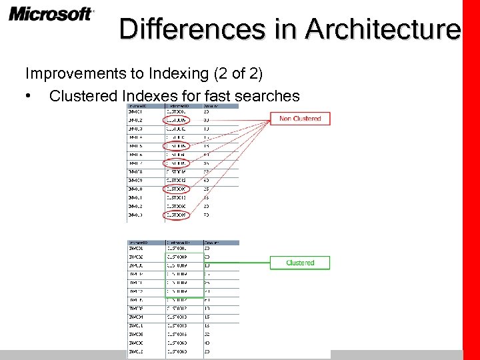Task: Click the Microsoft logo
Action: click(51, 14)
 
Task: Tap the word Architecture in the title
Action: click(383, 30)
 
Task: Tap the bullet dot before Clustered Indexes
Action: click(29, 96)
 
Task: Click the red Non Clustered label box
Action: click(299, 119)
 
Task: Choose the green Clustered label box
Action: click(299, 263)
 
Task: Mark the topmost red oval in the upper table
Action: click(177, 120)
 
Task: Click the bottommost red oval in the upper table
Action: click(177, 215)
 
